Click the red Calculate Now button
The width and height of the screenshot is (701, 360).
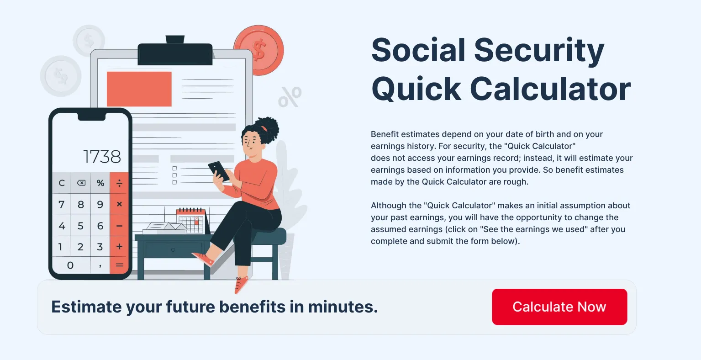pos(559,307)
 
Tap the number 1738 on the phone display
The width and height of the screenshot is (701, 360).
pos(102,157)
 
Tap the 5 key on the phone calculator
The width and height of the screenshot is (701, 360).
pos(80,226)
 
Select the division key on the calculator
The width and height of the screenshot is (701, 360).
pos(119,183)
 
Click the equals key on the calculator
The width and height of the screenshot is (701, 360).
pos(119,265)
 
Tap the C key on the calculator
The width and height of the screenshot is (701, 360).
pos(62,183)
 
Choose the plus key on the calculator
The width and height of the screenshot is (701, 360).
pos(119,247)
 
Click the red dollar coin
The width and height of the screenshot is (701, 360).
pos(259,50)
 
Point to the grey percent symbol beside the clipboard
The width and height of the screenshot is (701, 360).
pos(290,97)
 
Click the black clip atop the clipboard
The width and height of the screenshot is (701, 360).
pos(175,52)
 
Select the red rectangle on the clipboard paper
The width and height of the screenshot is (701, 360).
pos(139,89)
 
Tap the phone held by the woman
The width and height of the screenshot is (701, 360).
pos(219,171)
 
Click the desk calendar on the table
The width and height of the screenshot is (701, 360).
pos(191,221)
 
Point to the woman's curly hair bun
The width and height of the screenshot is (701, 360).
pos(268,129)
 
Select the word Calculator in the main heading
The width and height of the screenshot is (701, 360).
pos(550,89)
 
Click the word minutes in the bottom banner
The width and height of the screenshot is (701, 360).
pos(343,307)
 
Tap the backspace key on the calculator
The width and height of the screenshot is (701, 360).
pos(81,183)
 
